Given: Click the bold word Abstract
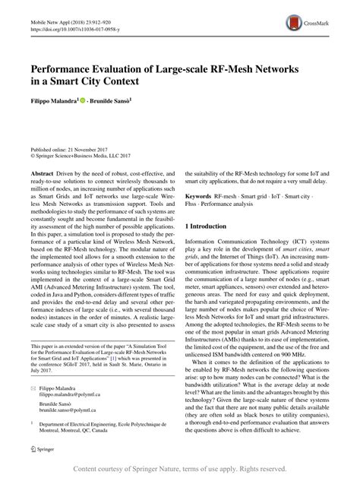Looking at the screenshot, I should click(x=44, y=174).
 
